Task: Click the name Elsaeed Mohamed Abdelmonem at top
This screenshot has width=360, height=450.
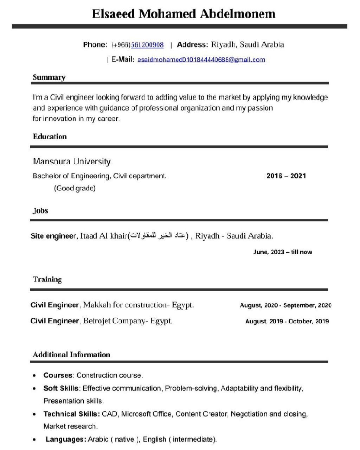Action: pyautogui.click(x=184, y=14)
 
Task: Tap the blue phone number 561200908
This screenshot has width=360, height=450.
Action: pyautogui.click(x=147, y=45)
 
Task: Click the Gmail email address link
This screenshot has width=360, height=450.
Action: pyautogui.click(x=201, y=59)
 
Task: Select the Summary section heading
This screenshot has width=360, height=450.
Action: pyautogui.click(x=49, y=77)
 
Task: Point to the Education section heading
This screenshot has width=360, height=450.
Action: pyautogui.click(x=50, y=137)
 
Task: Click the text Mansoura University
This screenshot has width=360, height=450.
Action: pyautogui.click(x=72, y=161)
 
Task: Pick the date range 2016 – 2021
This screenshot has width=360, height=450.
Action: pyautogui.click(x=286, y=176)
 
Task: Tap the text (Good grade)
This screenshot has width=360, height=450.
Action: pyautogui.click(x=75, y=188)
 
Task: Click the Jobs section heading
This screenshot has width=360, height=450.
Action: pyautogui.click(x=40, y=211)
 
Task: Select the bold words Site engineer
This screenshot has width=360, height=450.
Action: pyautogui.click(x=53, y=236)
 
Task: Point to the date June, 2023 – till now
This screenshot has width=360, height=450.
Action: pyautogui.click(x=282, y=252)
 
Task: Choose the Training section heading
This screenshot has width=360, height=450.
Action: pyautogui.click(x=47, y=279)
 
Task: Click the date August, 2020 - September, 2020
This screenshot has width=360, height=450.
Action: pyautogui.click(x=285, y=305)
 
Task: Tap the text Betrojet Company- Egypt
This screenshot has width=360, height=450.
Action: pyautogui.click(x=128, y=321)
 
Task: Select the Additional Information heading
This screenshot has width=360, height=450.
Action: pyautogui.click(x=71, y=354)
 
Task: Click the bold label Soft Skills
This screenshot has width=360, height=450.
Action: pyautogui.click(x=61, y=388)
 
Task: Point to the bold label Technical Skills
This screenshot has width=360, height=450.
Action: pyautogui.click(x=71, y=414)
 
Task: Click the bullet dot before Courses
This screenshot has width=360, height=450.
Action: pyautogui.click(x=34, y=376)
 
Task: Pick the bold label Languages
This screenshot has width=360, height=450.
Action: pyautogui.click(x=65, y=439)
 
